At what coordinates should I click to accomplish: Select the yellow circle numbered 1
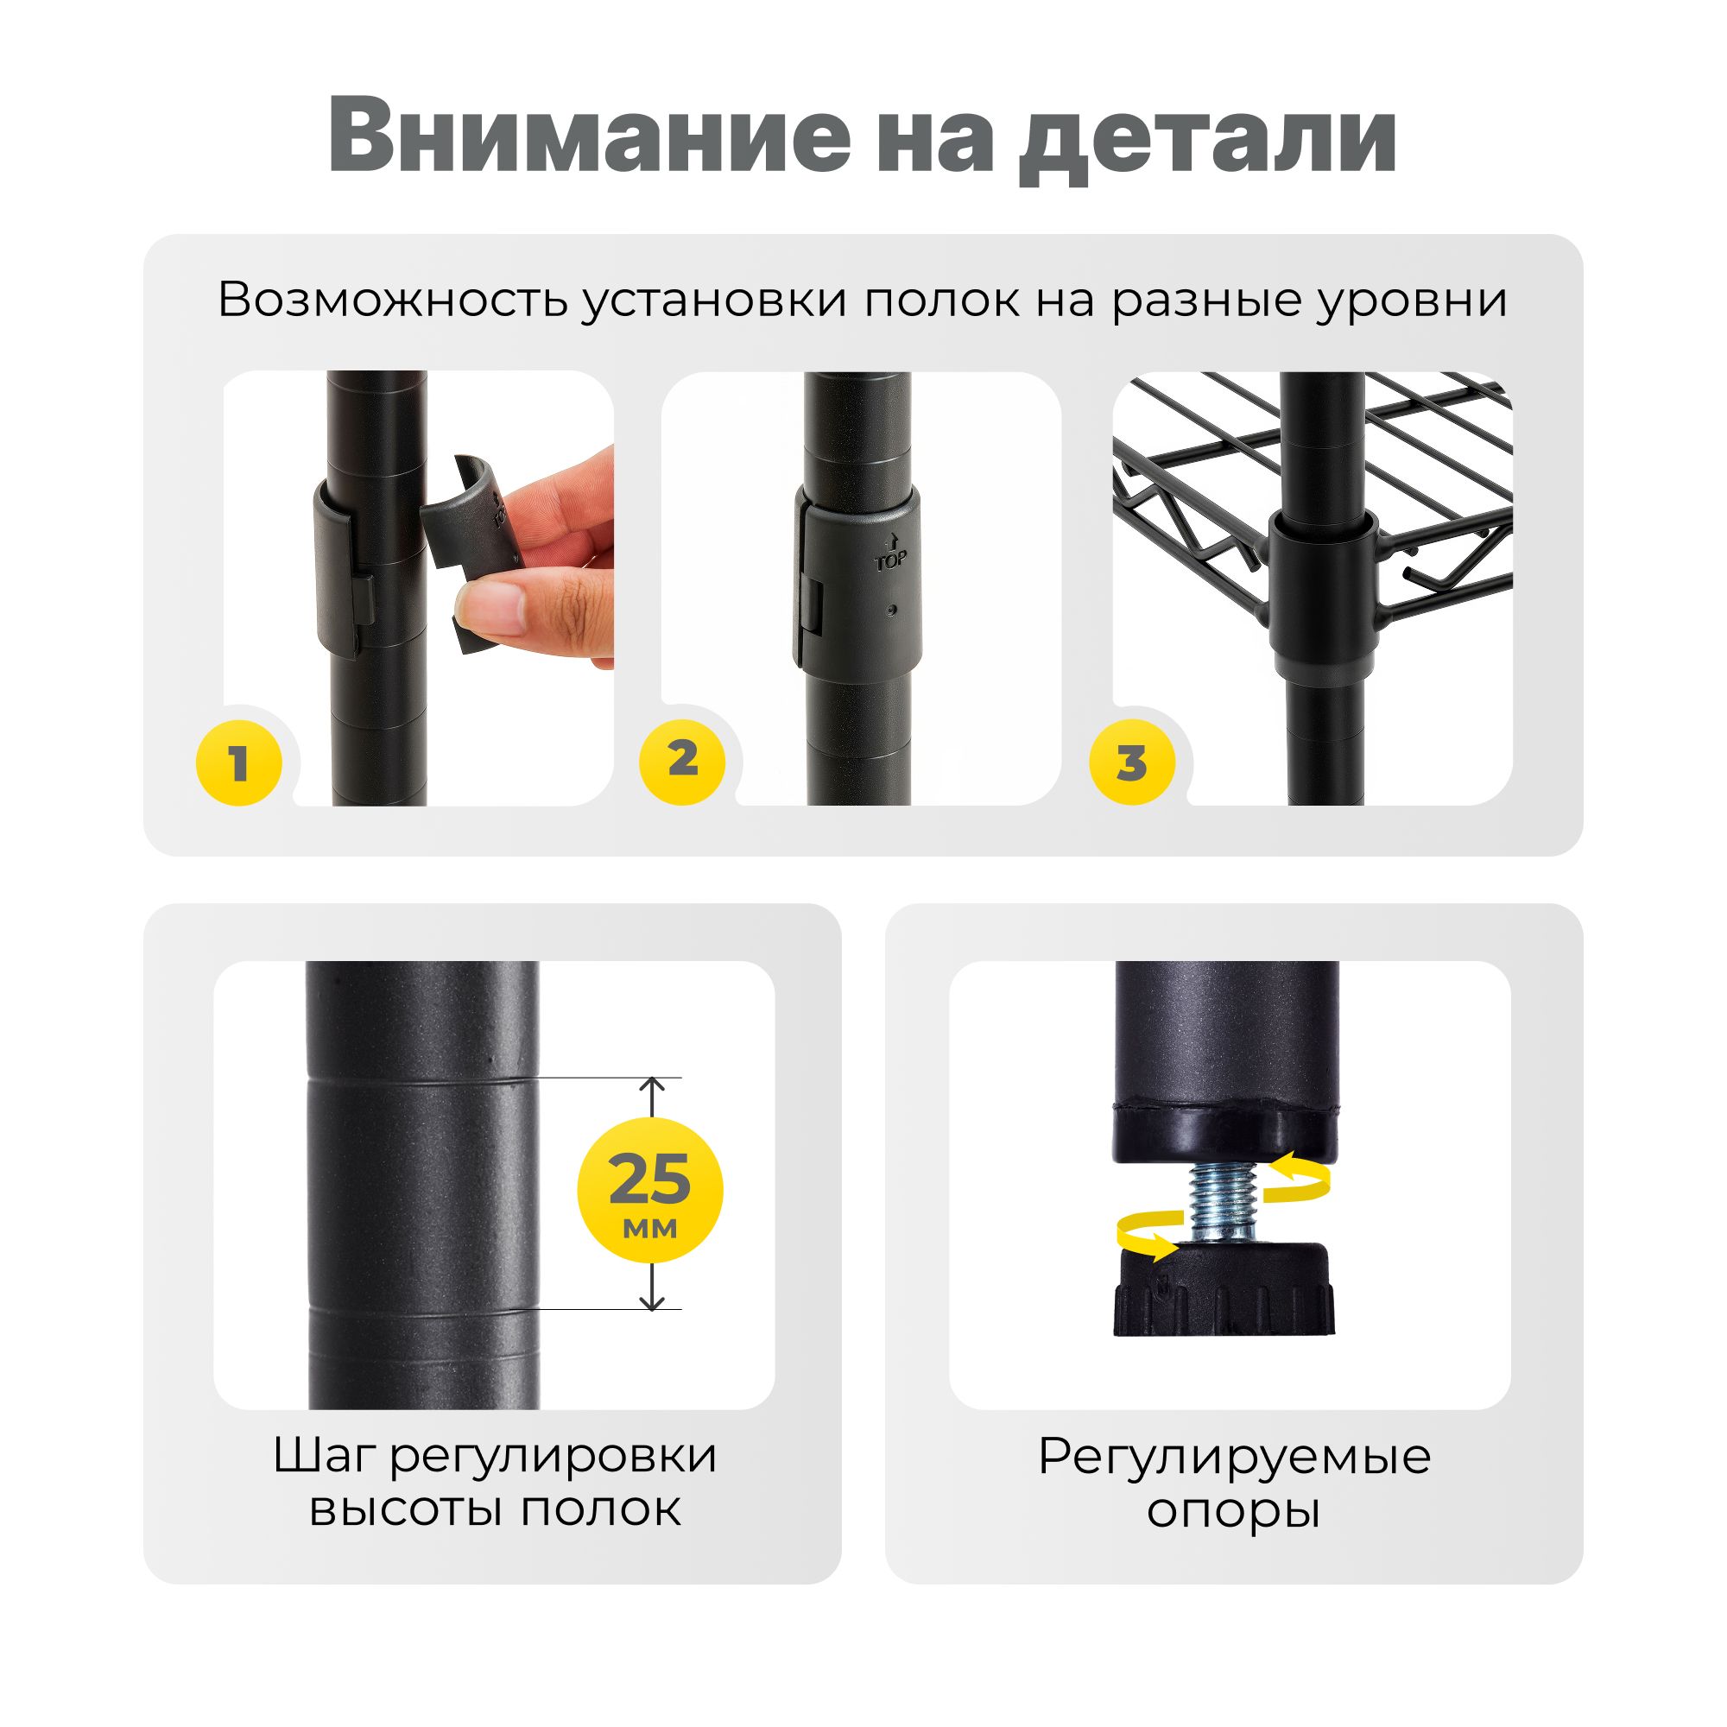click(x=238, y=762)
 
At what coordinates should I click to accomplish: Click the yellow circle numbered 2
click(x=683, y=759)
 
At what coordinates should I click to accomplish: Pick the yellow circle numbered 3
click(x=1132, y=762)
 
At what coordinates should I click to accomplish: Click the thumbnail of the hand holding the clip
click(x=418, y=588)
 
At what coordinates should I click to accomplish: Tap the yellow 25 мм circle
click(x=650, y=1190)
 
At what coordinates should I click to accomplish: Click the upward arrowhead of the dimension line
click(x=654, y=1088)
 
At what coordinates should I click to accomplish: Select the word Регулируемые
click(x=1235, y=1458)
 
